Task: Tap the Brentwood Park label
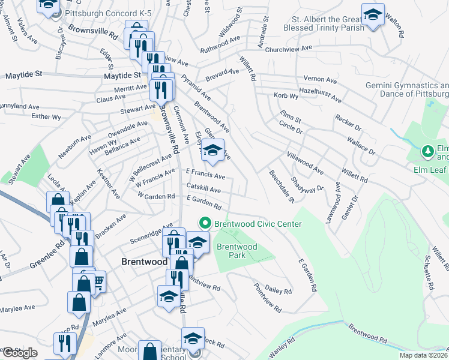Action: (x=237, y=251)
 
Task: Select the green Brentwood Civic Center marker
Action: (x=205, y=224)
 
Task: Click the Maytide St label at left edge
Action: (x=23, y=76)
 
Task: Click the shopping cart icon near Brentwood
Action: (x=97, y=281)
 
